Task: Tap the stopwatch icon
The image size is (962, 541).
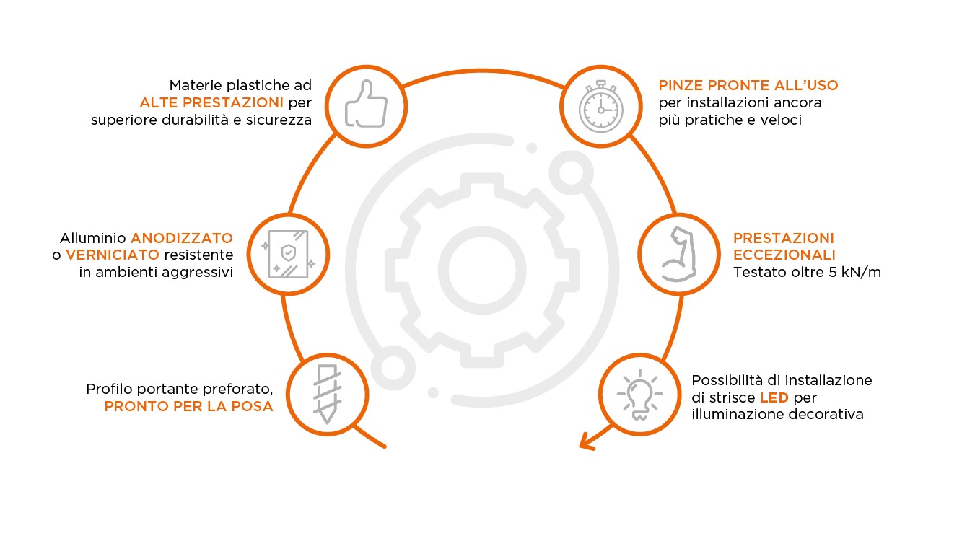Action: [600, 105]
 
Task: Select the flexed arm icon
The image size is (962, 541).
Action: [678, 254]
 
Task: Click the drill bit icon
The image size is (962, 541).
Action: [325, 394]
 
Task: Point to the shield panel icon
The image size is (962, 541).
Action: [288, 254]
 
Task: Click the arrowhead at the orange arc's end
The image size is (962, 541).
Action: [586, 441]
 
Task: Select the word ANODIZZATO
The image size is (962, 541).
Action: [182, 237]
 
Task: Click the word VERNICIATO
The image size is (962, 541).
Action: [112, 255]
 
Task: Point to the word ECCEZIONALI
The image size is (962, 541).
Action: [784, 255]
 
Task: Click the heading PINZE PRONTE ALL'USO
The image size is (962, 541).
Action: [748, 85]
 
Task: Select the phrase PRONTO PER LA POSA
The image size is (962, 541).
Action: [188, 407]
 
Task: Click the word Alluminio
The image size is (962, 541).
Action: [93, 237]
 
